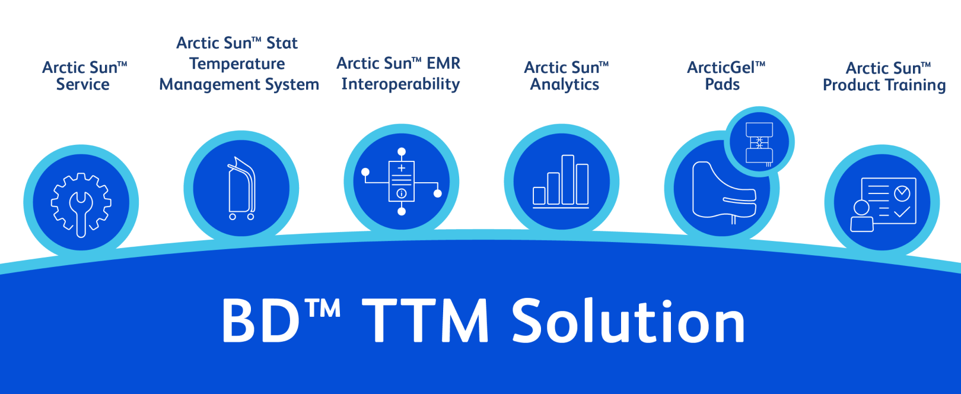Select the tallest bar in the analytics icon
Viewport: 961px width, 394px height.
tap(568, 180)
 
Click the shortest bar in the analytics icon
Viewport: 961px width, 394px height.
tap(539, 196)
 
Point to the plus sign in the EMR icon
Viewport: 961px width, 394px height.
tap(402, 169)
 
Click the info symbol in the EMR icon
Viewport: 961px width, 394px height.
tap(402, 193)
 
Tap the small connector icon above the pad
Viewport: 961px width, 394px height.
tap(759, 143)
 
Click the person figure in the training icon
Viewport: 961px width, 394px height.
tap(861, 216)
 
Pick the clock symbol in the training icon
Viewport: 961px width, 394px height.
tap(902, 193)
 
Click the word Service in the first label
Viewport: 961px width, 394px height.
tap(83, 84)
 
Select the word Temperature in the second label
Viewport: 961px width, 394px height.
tap(237, 64)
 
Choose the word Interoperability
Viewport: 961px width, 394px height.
tap(400, 84)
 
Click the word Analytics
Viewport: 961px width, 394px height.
tap(565, 84)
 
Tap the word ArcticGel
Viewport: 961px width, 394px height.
tap(721, 68)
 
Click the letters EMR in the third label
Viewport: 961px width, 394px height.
tap(444, 63)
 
